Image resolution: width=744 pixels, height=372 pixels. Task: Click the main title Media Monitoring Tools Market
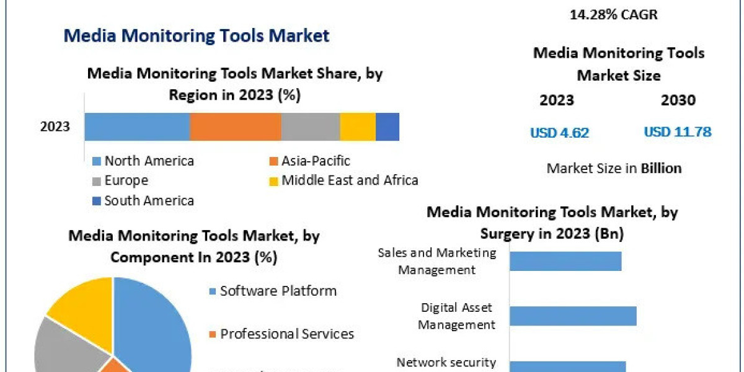click(197, 35)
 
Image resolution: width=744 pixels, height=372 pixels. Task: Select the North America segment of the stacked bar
click(136, 126)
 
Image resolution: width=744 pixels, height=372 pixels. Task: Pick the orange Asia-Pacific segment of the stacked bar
click(235, 126)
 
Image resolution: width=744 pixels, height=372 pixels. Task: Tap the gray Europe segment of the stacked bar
click(310, 126)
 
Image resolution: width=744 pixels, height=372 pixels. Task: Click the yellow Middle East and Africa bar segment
click(358, 126)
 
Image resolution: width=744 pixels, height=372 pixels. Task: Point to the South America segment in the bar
click(387, 126)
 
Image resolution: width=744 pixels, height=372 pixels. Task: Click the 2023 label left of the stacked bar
click(55, 127)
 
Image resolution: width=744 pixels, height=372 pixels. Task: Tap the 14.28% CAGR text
click(614, 14)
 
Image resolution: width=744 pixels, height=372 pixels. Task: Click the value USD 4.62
click(559, 132)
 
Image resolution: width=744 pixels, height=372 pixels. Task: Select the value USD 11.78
click(677, 132)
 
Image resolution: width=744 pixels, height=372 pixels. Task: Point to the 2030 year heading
click(678, 100)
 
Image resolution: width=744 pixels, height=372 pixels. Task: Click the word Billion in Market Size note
click(661, 168)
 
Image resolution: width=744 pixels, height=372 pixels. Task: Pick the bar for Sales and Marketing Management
click(565, 261)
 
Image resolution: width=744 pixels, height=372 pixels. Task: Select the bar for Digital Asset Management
click(572, 316)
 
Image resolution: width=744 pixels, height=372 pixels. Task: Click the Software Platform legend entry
click(278, 291)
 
